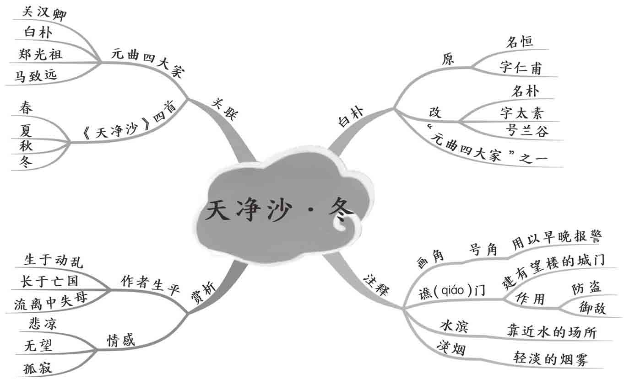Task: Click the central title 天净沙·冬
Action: (279, 211)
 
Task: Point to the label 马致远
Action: (36, 75)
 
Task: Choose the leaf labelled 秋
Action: (26, 146)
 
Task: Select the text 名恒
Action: (519, 42)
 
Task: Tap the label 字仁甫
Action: (521, 69)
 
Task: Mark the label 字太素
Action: (522, 112)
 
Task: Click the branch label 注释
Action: (375, 285)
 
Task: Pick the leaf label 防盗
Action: (586, 288)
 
